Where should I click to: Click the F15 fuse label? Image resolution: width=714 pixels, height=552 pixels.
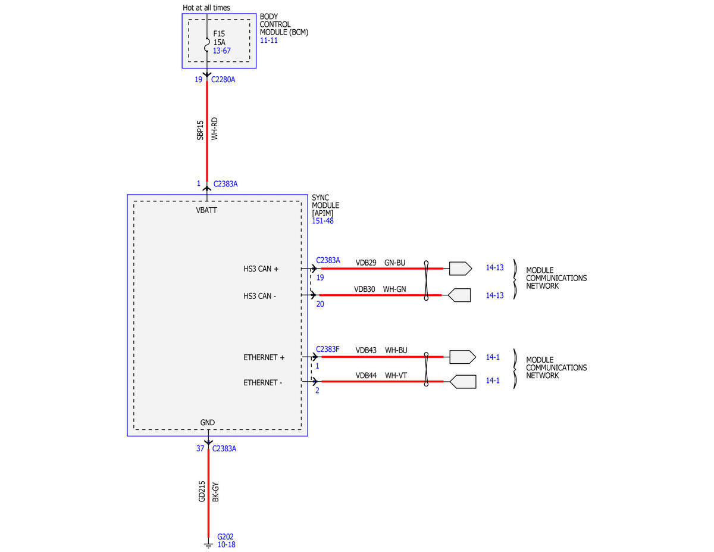point(219,33)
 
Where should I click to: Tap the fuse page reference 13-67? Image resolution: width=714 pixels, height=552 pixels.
point(222,51)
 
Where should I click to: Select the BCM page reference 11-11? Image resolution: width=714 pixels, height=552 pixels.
point(269,40)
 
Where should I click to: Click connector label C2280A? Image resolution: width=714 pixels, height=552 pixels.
point(223,80)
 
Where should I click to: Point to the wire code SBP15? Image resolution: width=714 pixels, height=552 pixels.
point(200,130)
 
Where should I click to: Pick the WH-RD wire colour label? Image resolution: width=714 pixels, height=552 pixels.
point(214,129)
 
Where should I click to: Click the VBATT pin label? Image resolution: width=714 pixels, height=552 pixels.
point(206,210)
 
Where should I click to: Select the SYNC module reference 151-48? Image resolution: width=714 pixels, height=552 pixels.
point(322,221)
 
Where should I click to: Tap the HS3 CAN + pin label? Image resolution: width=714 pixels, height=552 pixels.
point(261,269)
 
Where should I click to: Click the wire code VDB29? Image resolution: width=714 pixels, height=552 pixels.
point(366,263)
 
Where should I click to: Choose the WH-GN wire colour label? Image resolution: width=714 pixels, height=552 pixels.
point(394,289)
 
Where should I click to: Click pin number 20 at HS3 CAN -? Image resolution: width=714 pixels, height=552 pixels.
point(320,304)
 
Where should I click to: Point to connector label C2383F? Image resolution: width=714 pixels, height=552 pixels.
point(328,349)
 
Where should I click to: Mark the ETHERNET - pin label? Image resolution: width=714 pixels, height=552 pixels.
point(263,383)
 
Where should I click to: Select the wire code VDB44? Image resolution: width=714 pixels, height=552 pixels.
point(366,376)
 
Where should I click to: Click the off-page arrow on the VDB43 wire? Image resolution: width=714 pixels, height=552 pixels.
point(462,357)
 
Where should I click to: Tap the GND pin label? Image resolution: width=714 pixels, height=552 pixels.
point(207,422)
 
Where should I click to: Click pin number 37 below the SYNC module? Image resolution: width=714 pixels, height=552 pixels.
point(200,448)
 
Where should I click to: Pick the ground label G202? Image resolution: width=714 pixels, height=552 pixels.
point(226,537)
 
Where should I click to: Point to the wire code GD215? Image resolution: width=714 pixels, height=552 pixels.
point(202,491)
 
